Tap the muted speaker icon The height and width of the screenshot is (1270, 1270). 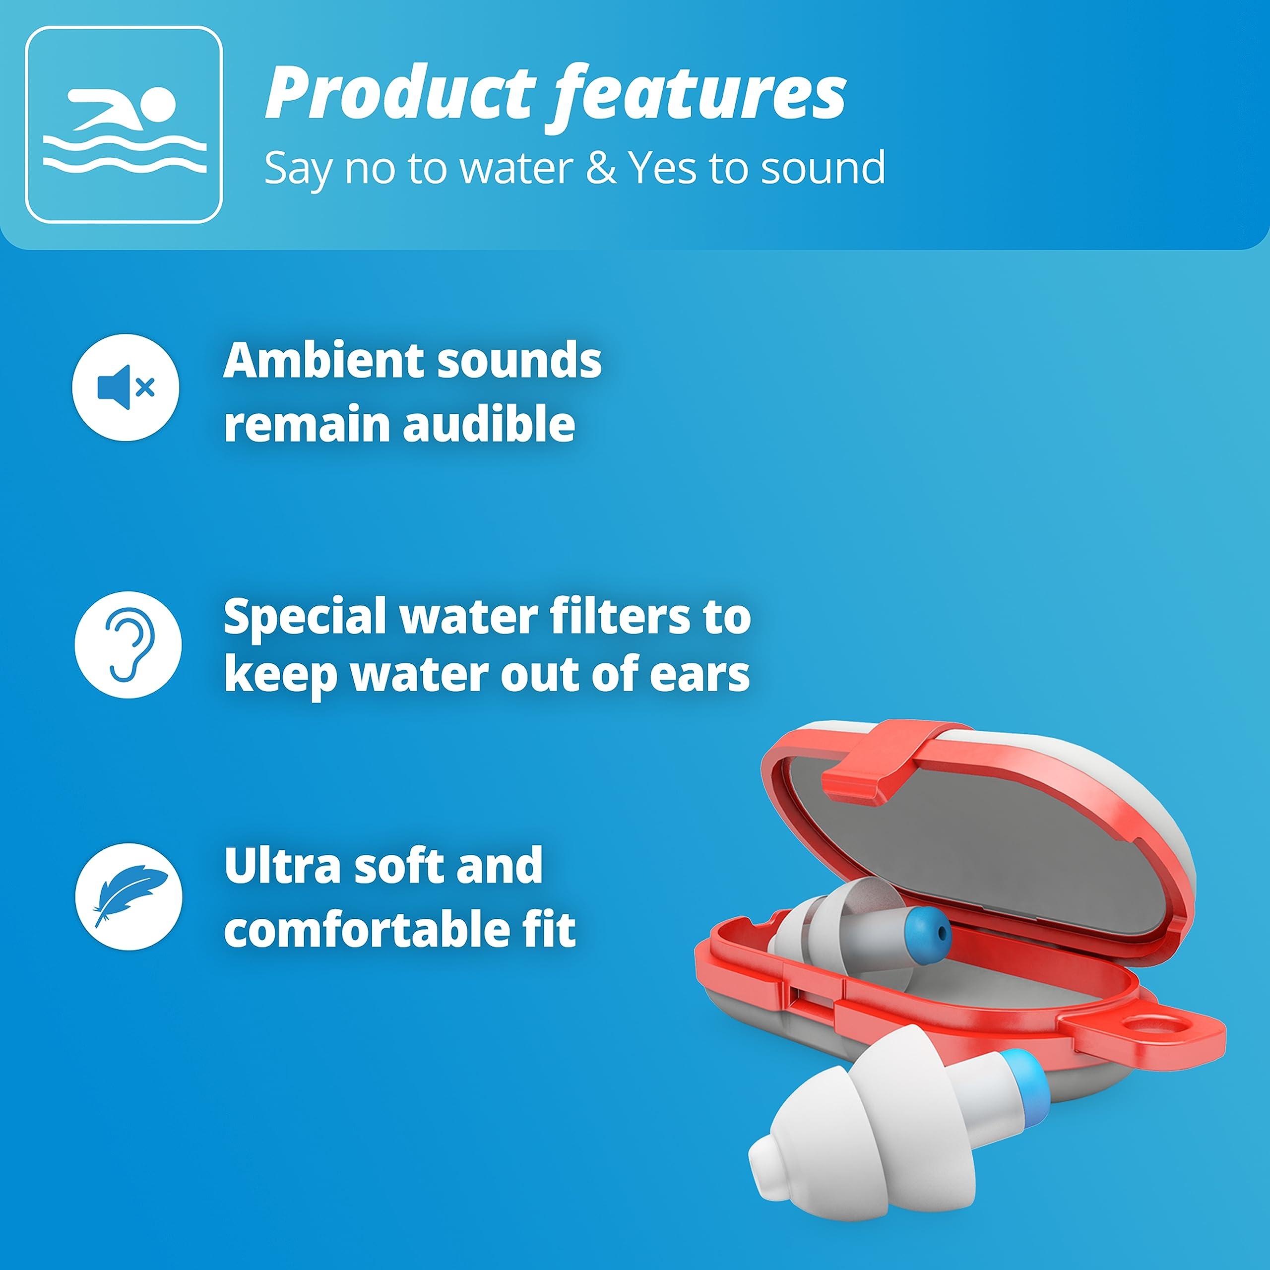point(126,388)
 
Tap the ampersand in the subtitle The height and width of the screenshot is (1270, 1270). point(595,168)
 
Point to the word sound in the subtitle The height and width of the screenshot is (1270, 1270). point(821,168)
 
